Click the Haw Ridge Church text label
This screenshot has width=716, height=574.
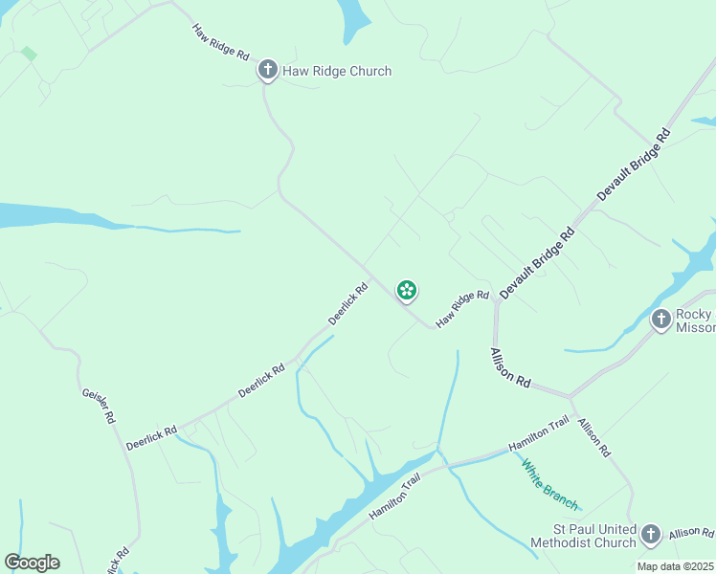[x=336, y=71]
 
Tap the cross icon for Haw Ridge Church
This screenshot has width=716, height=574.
[x=267, y=69]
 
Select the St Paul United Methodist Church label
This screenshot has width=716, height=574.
[x=583, y=536]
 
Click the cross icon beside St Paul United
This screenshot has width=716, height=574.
[x=651, y=534]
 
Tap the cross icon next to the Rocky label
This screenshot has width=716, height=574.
[x=660, y=319]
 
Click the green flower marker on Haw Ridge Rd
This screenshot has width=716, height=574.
[x=407, y=290]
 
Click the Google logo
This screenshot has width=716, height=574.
[x=32, y=563]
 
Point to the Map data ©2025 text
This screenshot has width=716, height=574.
[x=676, y=566]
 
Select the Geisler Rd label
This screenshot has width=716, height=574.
[x=99, y=407]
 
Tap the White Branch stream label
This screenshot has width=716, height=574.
[x=549, y=484]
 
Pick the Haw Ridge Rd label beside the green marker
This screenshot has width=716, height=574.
[x=462, y=310]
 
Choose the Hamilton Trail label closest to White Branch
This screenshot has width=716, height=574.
[x=539, y=433]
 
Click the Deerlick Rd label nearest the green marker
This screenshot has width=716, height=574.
[x=347, y=302]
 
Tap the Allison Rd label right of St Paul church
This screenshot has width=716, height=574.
[x=691, y=533]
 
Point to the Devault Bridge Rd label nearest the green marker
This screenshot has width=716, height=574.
[x=536, y=260]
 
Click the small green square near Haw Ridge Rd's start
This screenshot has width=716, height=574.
[x=29, y=54]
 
